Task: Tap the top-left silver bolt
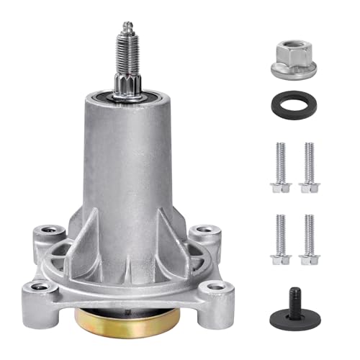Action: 279,166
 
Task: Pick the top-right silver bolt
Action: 309,166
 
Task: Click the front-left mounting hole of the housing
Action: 45,287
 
